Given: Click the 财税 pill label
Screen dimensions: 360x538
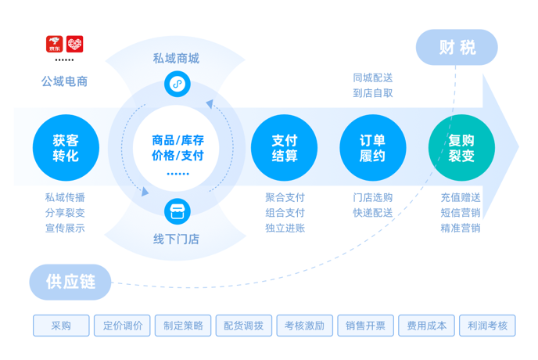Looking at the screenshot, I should pos(457,48).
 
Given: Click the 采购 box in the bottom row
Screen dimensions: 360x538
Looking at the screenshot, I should pos(61,326).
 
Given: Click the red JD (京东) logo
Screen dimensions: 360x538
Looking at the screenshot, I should pos(55,44).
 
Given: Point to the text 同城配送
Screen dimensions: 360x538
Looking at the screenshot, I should pos(372,77).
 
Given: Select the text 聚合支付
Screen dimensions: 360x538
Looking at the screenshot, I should pos(285,197).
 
